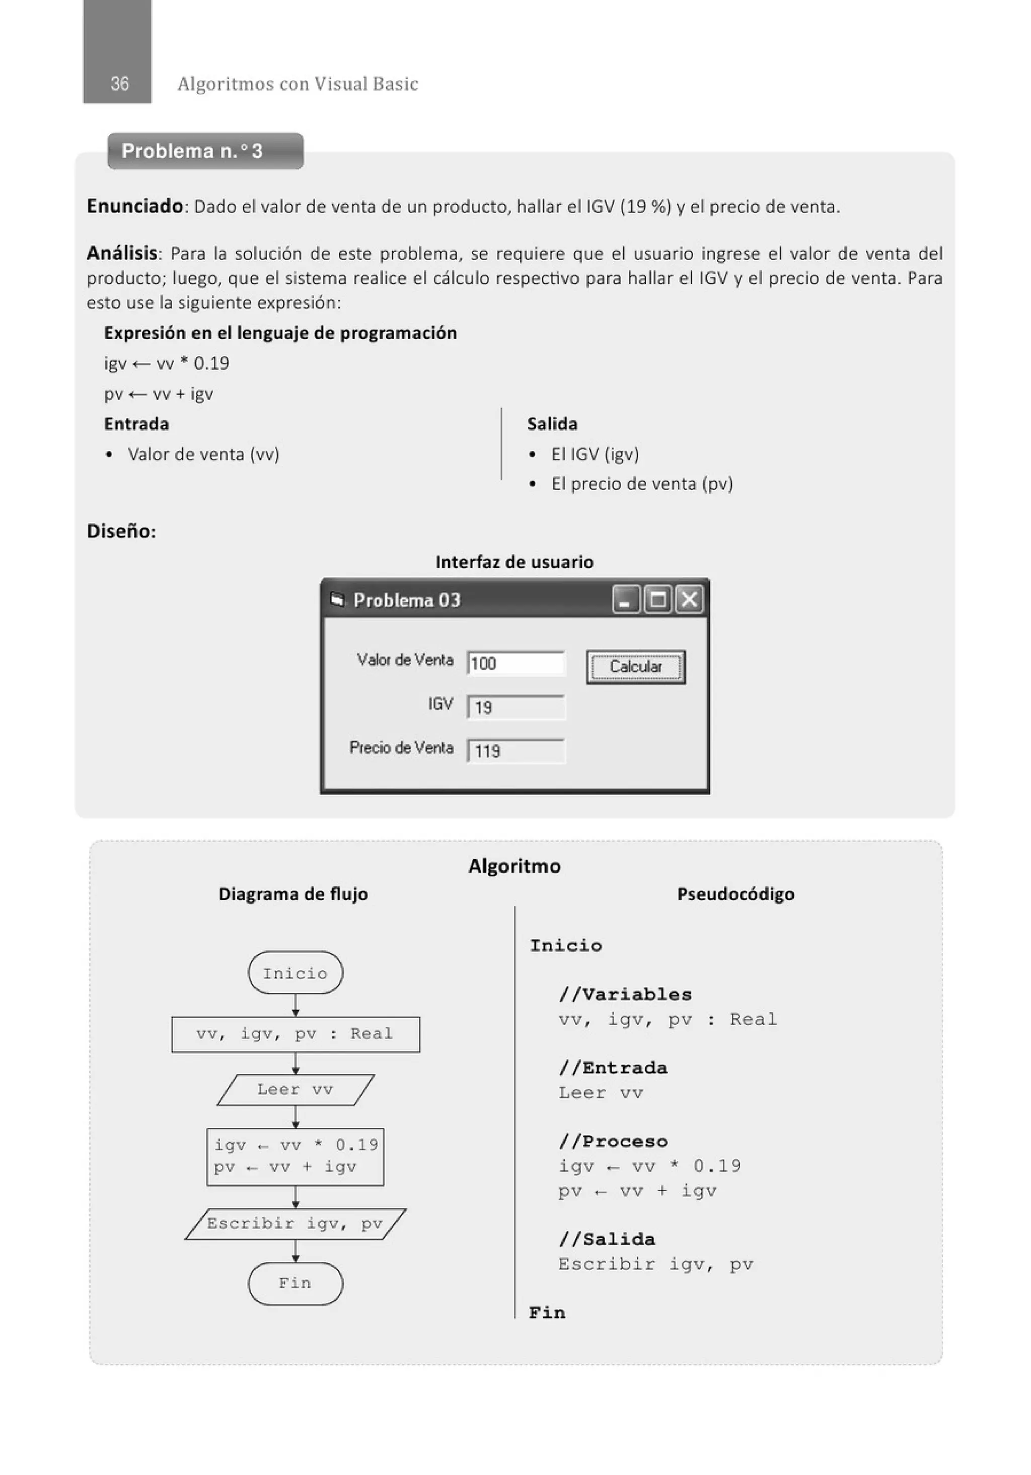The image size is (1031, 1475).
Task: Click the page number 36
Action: [x=119, y=84]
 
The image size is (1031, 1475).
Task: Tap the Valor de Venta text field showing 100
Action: [x=515, y=663]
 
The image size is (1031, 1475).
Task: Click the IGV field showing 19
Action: [x=515, y=708]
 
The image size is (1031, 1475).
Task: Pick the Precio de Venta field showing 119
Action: [x=515, y=751]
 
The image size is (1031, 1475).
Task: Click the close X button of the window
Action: [x=689, y=599]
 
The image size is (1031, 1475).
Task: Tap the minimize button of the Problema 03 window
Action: [x=625, y=599]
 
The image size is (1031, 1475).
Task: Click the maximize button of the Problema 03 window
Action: [x=657, y=599]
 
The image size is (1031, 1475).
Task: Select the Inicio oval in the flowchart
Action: [x=295, y=973]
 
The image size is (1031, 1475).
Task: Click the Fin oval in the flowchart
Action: [x=295, y=1283]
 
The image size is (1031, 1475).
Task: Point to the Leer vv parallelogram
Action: [x=295, y=1090]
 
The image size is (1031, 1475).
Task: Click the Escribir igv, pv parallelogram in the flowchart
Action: [x=295, y=1223]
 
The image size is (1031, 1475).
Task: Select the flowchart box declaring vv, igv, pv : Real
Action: [x=295, y=1034]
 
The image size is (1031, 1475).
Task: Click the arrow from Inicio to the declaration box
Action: [x=295, y=1005]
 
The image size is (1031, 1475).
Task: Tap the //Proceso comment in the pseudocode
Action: [x=613, y=1141]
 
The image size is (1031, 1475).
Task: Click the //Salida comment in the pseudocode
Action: [x=607, y=1239]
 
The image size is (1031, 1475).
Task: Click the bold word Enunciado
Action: [x=135, y=206]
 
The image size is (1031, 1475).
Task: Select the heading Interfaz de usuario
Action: [x=514, y=562]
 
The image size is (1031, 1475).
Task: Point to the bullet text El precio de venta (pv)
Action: [x=641, y=484]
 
